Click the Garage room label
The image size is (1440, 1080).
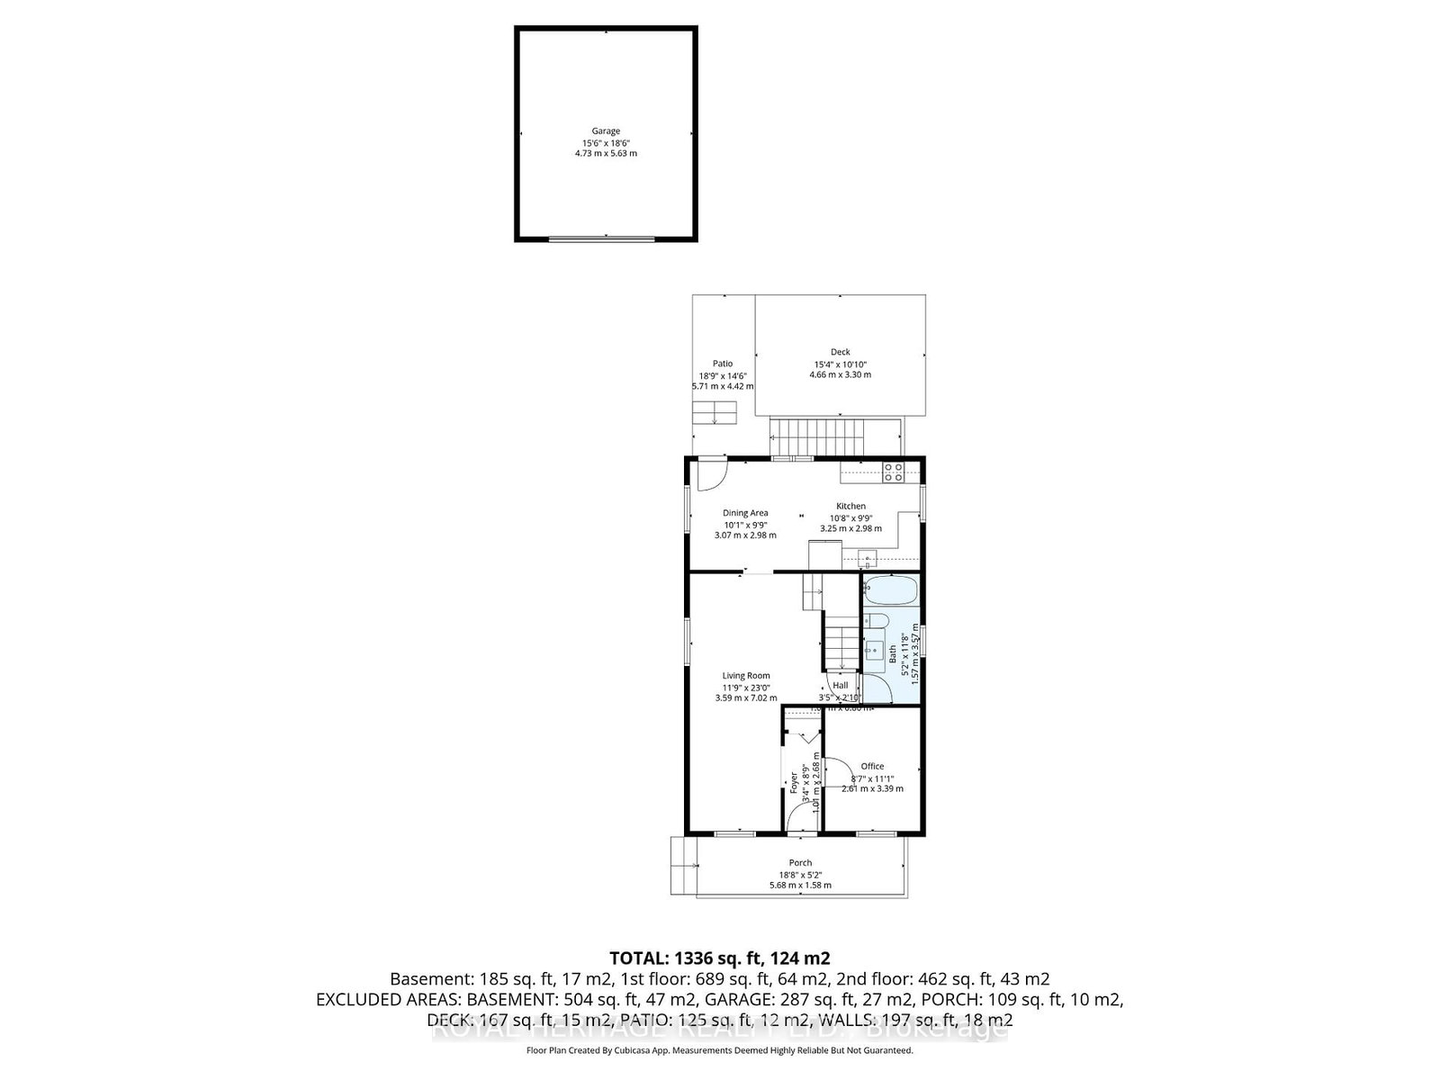606,131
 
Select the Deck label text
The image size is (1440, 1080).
840,352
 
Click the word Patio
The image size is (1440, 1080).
723,364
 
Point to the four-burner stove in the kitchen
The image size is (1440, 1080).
894,472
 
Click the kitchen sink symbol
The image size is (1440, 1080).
870,556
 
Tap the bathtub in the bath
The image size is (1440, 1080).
890,590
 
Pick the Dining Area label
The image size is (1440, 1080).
745,513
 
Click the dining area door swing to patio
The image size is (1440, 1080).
711,474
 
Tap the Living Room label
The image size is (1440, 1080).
746,676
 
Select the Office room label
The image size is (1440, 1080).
872,767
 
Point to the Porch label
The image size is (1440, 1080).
800,863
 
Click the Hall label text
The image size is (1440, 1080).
840,686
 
